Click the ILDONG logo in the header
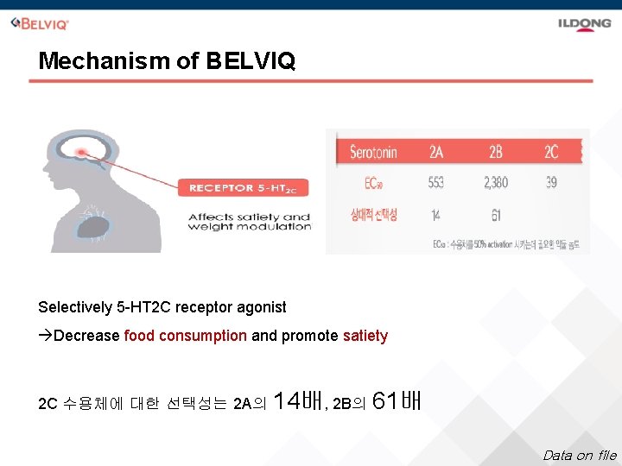coord(583,23)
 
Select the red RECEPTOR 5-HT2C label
coord(243,187)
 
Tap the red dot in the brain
coord(82,153)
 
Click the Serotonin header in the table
coord(373,153)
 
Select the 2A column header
coord(437,153)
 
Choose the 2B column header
coord(495,153)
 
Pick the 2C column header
coord(551,153)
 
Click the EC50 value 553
coord(437,183)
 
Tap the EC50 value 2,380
coord(496,183)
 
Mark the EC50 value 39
coord(551,183)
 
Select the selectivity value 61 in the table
coord(495,215)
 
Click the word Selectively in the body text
coord(75,307)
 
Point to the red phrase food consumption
coord(185,336)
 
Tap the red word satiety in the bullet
coord(365,336)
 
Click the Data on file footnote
coord(579,455)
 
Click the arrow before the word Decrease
coord(45,336)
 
